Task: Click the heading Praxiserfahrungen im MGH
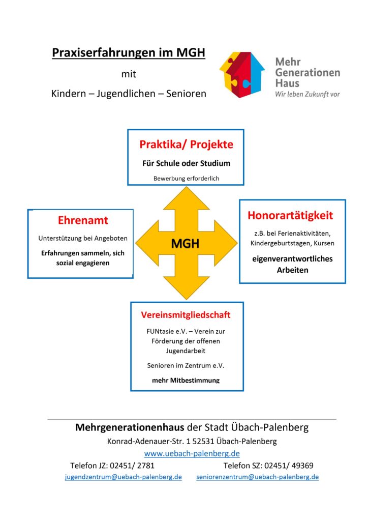click(129, 53)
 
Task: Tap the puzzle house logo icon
click(242, 75)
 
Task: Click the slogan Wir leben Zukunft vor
click(308, 94)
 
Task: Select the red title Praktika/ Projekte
click(186, 144)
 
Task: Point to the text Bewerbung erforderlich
click(186, 179)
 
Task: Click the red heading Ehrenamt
click(83, 220)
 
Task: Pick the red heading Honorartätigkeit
click(290, 216)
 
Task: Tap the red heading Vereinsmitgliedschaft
click(186, 315)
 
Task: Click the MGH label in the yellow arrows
click(185, 244)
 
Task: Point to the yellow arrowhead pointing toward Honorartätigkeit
click(226, 243)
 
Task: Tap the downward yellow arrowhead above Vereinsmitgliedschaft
click(187, 288)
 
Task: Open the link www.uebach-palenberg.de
click(192, 453)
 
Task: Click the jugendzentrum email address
click(124, 477)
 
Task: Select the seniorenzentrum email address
click(258, 477)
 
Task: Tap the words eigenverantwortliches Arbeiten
click(292, 265)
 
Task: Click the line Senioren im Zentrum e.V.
click(186, 365)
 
